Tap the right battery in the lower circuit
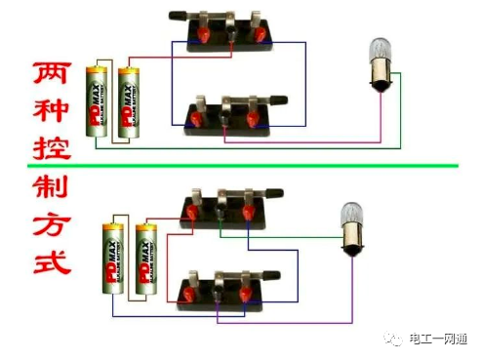tap(146, 260)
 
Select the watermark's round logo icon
tap(395, 337)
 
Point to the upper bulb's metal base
tap(377, 80)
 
